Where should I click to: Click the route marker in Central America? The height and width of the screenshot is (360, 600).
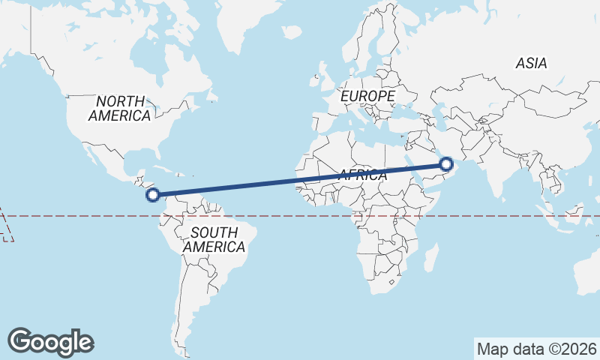(x=152, y=196)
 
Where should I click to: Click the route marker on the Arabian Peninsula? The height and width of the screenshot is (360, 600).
(x=447, y=164)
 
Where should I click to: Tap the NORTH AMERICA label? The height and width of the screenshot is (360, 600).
(x=119, y=109)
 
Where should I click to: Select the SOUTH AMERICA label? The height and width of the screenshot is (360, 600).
(x=214, y=239)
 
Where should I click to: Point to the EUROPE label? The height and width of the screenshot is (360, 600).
(x=367, y=97)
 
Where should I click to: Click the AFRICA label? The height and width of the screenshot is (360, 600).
(x=362, y=175)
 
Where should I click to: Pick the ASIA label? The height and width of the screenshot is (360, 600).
(x=531, y=64)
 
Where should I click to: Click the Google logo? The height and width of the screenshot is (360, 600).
(x=50, y=342)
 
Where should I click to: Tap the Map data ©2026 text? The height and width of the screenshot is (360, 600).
(x=537, y=349)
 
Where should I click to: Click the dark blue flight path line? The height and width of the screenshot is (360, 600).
(x=300, y=180)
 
